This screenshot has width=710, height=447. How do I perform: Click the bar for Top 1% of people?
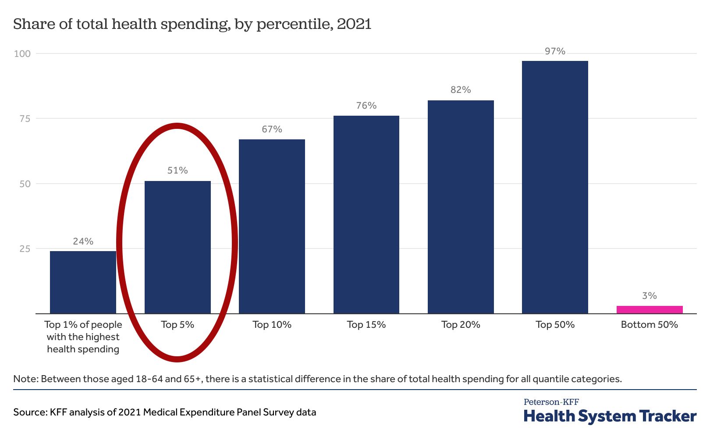click(83, 282)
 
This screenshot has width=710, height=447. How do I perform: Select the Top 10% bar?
click(272, 226)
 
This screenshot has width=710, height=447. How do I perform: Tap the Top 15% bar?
click(366, 215)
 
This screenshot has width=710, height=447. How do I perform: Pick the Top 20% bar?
click(461, 207)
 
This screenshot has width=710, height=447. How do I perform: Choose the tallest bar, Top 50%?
click(555, 187)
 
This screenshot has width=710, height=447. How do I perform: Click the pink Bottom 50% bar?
click(649, 309)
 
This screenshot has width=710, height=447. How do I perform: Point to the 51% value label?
click(177, 170)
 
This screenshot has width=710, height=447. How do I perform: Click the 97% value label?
click(555, 51)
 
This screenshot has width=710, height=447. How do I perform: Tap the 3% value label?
click(649, 296)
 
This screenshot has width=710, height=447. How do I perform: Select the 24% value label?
click(83, 241)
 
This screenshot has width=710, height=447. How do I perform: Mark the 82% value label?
click(461, 90)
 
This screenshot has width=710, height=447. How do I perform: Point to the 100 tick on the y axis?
click(22, 53)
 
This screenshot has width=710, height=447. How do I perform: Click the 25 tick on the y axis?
click(25, 248)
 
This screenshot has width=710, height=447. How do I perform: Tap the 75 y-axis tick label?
click(25, 118)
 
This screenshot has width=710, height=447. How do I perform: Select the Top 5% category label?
click(177, 325)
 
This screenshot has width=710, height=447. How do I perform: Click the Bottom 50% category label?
click(649, 325)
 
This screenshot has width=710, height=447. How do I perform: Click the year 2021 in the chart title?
click(354, 24)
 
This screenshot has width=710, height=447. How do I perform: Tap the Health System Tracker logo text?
click(610, 416)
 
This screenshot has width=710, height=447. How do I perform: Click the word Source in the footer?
click(29, 412)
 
